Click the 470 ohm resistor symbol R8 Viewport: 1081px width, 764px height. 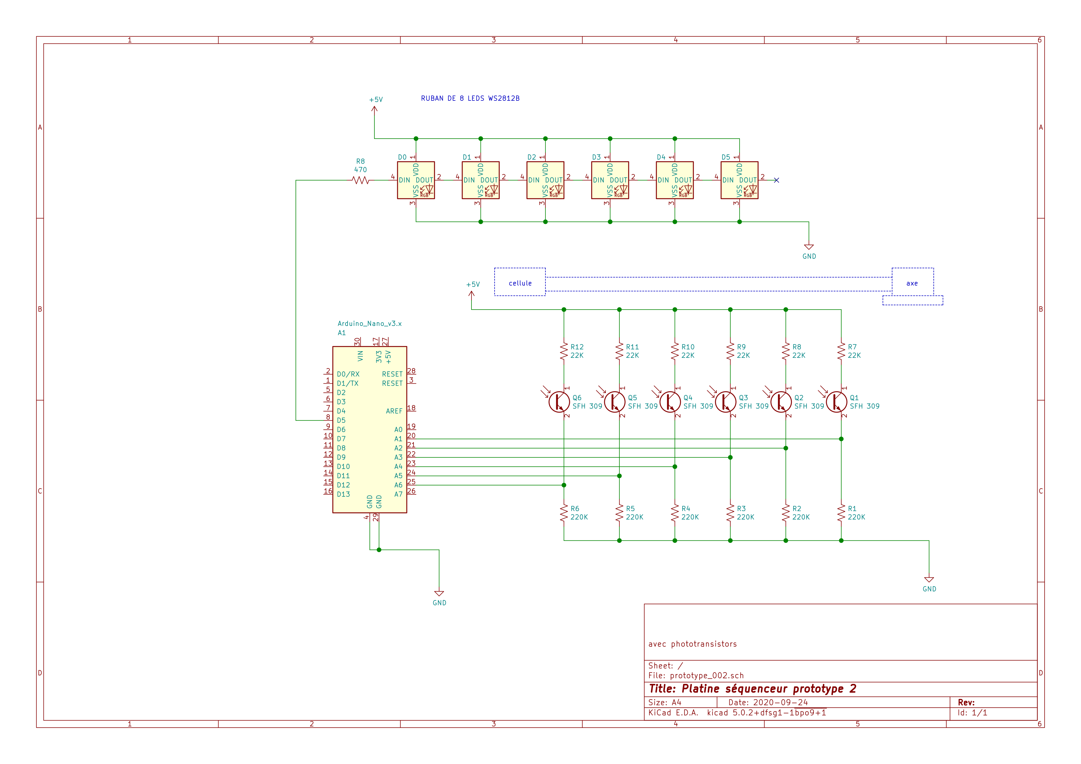(x=361, y=180)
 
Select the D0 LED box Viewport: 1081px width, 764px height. (x=416, y=180)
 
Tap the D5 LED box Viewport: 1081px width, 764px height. (x=739, y=180)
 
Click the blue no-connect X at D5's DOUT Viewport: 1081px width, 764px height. (x=776, y=180)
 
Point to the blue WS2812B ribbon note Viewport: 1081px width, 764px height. (x=470, y=98)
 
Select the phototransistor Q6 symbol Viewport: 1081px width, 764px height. (x=559, y=401)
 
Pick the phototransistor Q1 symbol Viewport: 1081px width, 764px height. (x=837, y=401)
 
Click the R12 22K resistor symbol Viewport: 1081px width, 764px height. (x=564, y=351)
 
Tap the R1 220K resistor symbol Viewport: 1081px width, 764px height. (x=841, y=513)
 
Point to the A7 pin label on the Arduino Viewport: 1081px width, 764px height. (x=398, y=494)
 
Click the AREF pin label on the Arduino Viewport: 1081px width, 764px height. (x=394, y=411)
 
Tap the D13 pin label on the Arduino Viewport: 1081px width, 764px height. (x=343, y=494)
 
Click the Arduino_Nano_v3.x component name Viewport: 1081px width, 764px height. (x=369, y=323)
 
